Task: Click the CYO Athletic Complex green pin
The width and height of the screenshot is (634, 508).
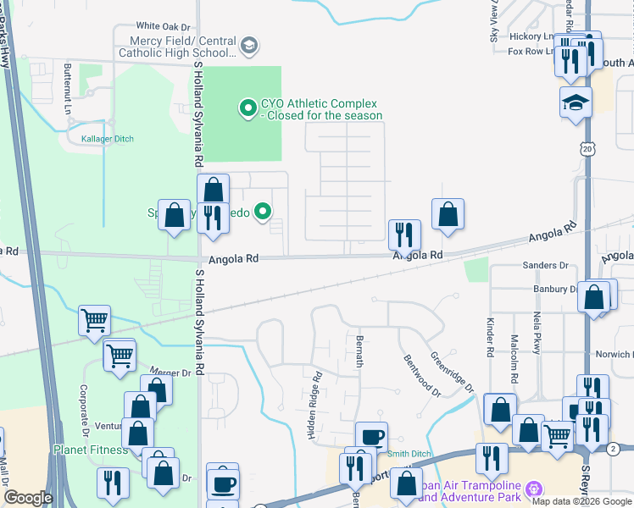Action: click(247, 108)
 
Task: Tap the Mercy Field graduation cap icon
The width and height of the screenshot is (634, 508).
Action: click(248, 46)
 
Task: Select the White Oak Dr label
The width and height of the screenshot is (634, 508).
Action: click(163, 26)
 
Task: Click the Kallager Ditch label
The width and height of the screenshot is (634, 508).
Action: click(107, 138)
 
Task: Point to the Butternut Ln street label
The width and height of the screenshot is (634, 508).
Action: click(67, 87)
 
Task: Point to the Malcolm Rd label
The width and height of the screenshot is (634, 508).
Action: click(514, 337)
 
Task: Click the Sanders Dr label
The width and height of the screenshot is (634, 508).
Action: click(545, 266)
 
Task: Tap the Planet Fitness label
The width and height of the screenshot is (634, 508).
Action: click(91, 450)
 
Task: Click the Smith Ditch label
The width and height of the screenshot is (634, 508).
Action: click(409, 455)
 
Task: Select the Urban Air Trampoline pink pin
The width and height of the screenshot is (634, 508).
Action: click(533, 489)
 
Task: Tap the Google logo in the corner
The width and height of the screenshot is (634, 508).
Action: click(28, 498)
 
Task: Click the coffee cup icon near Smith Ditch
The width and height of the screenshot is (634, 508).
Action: click(370, 437)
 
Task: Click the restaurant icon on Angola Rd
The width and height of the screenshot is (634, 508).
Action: click(404, 232)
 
